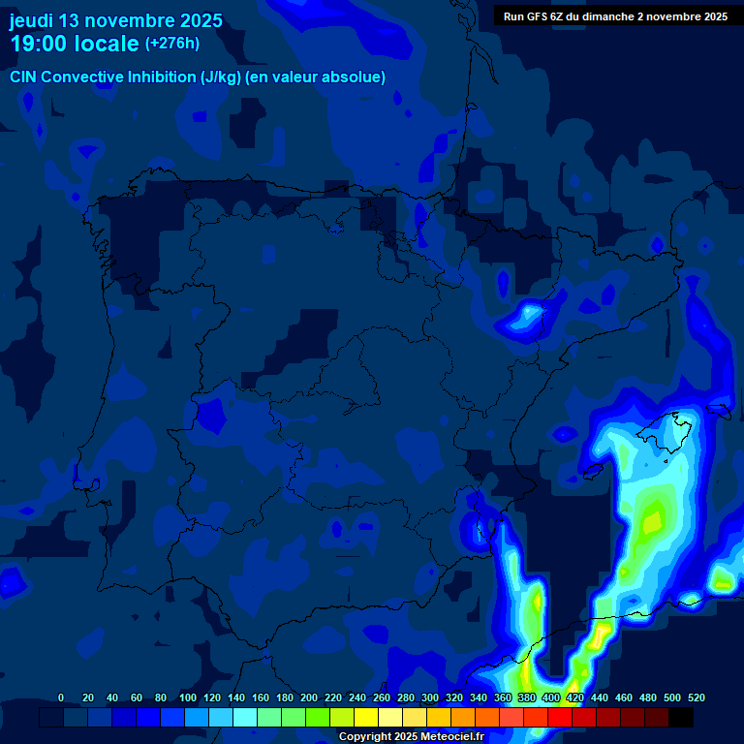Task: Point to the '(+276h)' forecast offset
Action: pos(172,44)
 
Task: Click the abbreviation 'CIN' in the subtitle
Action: pos(23,77)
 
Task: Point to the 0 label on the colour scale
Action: pos(61,697)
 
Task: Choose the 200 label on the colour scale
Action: pos(309,697)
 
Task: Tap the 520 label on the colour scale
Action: pos(696,697)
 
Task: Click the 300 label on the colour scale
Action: pos(430,697)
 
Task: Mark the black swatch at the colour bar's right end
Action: pos(681,717)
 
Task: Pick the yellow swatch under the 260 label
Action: pos(366,717)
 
